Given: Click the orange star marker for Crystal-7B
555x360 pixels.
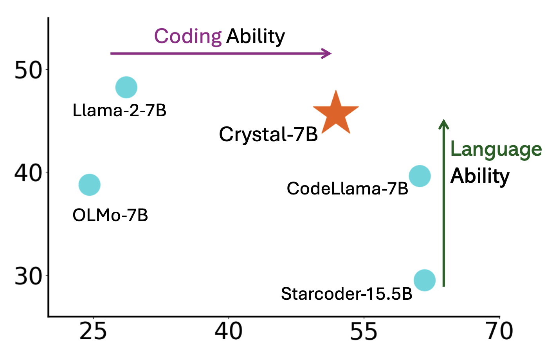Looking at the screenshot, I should pyautogui.click(x=336, y=114).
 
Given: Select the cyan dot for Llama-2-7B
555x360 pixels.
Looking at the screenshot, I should pyautogui.click(x=126, y=87).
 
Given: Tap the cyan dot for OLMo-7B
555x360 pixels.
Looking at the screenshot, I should pyautogui.click(x=90, y=185).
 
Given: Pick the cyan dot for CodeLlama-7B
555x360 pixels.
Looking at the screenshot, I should pyautogui.click(x=420, y=176).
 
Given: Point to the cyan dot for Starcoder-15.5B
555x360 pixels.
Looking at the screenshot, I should pyautogui.click(x=425, y=280).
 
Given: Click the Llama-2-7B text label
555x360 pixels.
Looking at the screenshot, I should pyautogui.click(x=119, y=111).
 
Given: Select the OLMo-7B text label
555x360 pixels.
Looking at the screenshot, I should pyautogui.click(x=110, y=216).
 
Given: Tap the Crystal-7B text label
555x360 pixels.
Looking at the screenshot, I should pyautogui.click(x=268, y=135).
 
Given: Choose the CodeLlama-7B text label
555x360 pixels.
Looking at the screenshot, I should pyautogui.click(x=347, y=189).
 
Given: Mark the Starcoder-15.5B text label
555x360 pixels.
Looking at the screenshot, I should pyautogui.click(x=346, y=294).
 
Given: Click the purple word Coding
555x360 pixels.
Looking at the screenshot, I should pyautogui.click(x=188, y=37).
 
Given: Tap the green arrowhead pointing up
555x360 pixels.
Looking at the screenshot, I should pyautogui.click(x=443, y=124).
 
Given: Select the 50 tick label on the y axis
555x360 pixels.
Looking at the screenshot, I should pyautogui.click(x=28, y=71).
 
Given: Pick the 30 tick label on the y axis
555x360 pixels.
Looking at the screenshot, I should pyautogui.click(x=28, y=276).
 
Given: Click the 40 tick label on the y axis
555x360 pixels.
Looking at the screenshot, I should pyautogui.click(x=28, y=173).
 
